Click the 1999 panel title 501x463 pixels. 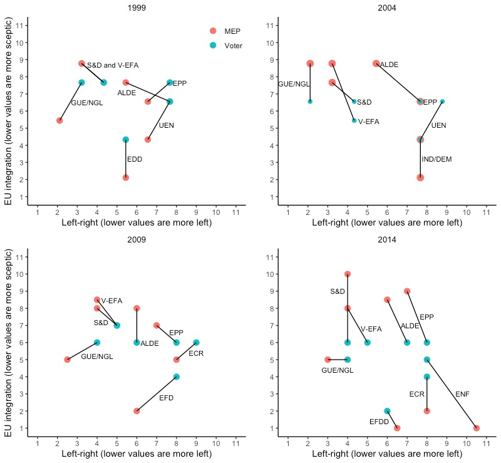tap(137, 8)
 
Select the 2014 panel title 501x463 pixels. tap(387, 239)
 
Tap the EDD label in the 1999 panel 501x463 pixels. tap(135, 160)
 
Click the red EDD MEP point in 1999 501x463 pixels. tap(126, 177)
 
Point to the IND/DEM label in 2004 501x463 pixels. tap(436, 160)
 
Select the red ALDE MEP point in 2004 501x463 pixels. tap(376, 64)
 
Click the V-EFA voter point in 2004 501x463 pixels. tap(354, 120)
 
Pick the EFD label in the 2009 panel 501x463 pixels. tap(167, 398)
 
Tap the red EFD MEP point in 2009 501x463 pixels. tap(137, 411)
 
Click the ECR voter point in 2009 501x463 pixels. tap(196, 343)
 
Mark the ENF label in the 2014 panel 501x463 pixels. tap(463, 394)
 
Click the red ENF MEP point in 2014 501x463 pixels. tap(477, 428)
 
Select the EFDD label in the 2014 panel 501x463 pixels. tap(379, 422)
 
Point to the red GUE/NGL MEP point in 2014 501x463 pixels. tap(328, 360)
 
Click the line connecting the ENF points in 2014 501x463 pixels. tap(452, 393)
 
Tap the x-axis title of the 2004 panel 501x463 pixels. tap(387, 222)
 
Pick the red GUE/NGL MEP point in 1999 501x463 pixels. tap(59, 120)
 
